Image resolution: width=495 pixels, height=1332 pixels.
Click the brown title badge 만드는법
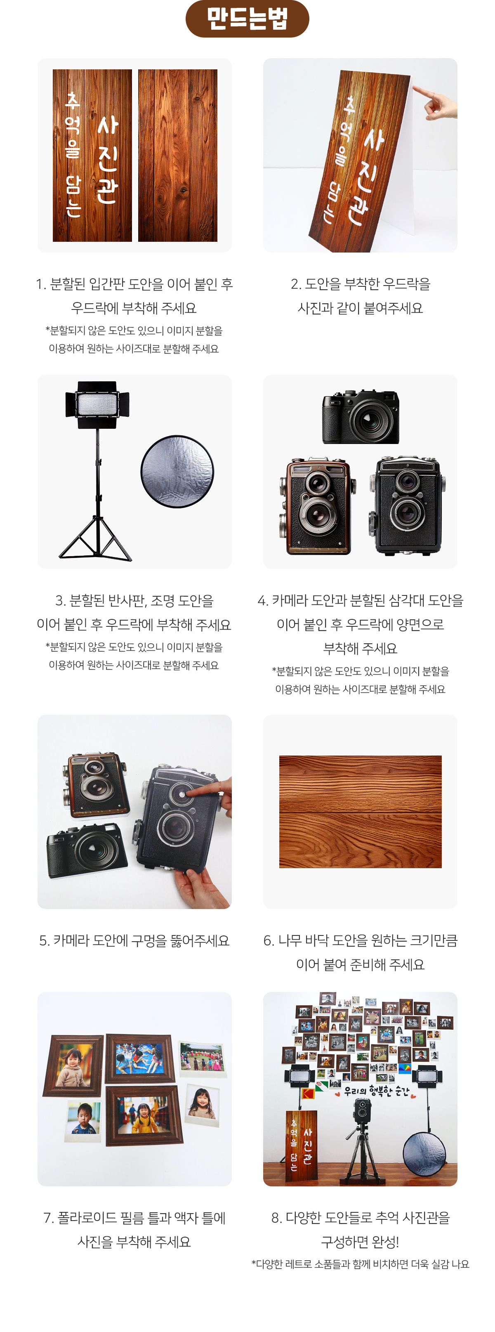click(x=247, y=19)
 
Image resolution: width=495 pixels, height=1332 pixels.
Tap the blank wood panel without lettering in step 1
click(x=178, y=155)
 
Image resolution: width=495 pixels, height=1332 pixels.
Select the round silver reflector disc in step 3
click(x=177, y=472)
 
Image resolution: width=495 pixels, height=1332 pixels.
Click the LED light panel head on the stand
click(x=97, y=404)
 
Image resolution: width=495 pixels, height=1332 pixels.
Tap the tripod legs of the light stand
click(x=96, y=538)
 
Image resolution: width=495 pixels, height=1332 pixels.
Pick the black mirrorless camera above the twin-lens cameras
click(x=361, y=417)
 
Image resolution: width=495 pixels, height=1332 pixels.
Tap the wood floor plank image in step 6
click(x=360, y=812)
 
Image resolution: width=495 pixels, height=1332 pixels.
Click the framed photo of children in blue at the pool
click(x=139, y=1058)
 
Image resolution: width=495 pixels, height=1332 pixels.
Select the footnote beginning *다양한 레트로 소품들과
click(x=360, y=1264)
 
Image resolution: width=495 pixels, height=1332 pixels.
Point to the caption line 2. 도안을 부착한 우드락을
click(x=360, y=284)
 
